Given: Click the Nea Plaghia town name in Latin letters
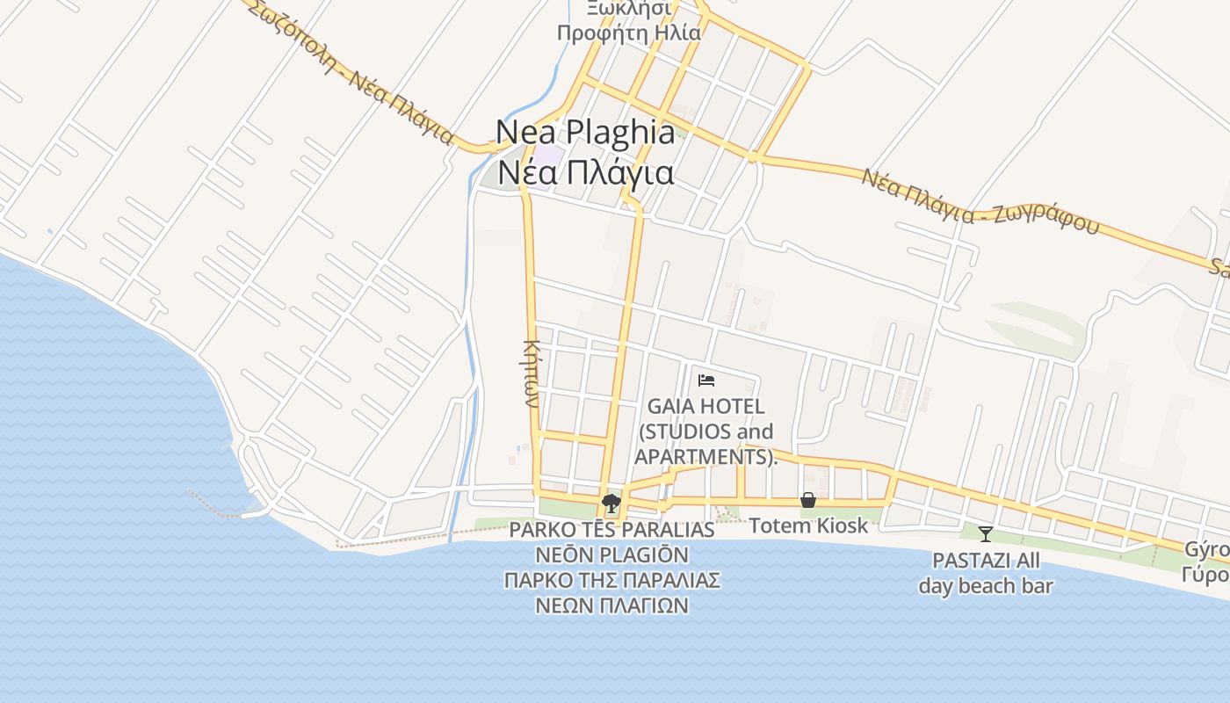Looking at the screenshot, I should click(585, 133).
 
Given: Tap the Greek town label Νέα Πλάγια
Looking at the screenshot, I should click(585, 172).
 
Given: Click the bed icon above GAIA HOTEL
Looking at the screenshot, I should click(706, 380).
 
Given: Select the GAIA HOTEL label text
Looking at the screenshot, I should click(705, 407).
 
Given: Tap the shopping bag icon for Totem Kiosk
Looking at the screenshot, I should click(807, 500).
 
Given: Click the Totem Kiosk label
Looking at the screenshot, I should click(807, 525).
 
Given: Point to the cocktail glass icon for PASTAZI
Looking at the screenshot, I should click(986, 533).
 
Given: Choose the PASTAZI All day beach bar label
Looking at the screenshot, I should click(986, 573).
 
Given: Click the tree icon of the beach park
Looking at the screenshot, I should click(611, 504).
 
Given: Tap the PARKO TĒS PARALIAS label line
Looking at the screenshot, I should click(611, 530).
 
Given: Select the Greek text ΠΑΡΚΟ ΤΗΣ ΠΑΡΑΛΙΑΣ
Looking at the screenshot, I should click(611, 580).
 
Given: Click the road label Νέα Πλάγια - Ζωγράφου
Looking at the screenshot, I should click(980, 202).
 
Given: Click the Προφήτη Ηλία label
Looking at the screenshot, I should click(629, 34).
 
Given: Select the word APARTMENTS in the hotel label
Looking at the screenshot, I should click(700, 457).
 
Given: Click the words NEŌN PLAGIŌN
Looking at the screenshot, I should click(611, 555).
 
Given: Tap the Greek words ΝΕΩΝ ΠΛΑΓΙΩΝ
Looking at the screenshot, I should click(611, 605).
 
